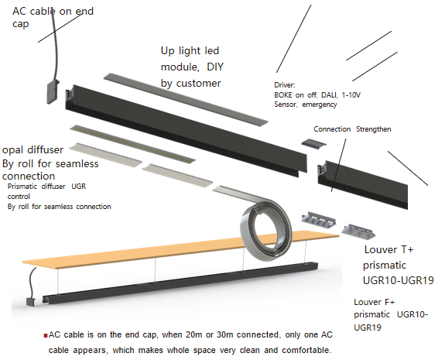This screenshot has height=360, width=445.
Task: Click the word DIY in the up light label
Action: coord(215,67)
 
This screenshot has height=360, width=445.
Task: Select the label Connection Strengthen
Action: coord(352,129)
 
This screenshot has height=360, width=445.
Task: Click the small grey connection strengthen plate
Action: coord(313,142)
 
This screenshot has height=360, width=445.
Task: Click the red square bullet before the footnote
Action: coord(46,335)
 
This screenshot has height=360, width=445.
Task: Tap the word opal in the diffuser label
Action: coord(13,150)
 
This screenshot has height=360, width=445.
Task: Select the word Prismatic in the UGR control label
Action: coord(22,187)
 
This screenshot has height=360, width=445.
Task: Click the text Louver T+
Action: coord(389,249)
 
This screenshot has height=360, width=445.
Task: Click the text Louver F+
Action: coord(374,302)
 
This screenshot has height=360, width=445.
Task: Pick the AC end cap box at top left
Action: coord(53,91)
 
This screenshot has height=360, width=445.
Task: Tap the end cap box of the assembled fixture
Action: coord(30,301)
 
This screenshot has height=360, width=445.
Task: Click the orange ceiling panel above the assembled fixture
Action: coord(180,248)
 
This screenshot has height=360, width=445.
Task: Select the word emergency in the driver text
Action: coord(320,105)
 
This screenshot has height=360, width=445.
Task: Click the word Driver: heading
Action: coord(284,85)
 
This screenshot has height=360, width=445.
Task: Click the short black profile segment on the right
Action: coord(363,184)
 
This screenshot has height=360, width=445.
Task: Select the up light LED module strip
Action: coord(186,99)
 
